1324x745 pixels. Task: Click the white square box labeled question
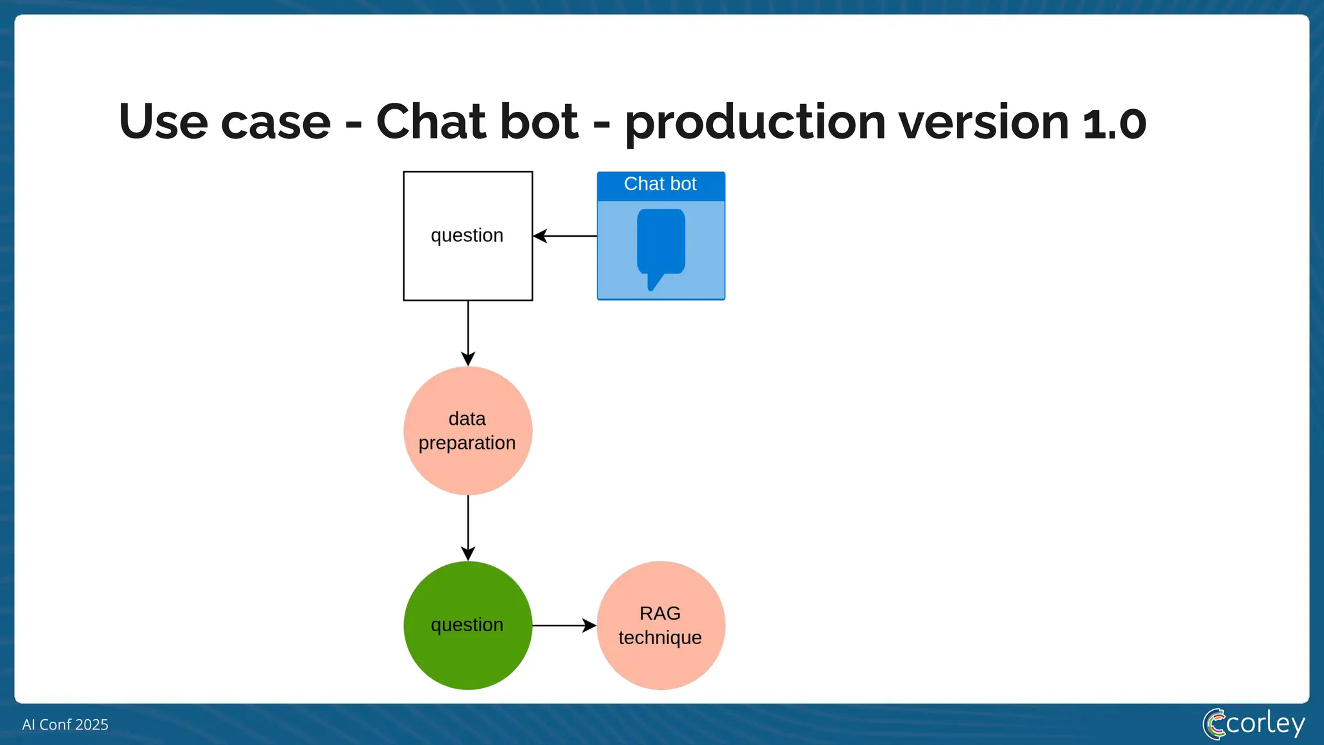(467, 236)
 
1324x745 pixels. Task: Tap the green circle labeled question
(467, 625)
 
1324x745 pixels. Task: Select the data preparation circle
(467, 431)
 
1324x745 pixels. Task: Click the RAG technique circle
(660, 625)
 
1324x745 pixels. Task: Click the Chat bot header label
(660, 184)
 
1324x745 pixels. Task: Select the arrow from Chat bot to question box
(565, 236)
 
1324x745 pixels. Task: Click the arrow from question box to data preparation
(468, 333)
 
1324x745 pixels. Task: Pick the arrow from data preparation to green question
(468, 528)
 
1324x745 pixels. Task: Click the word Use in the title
(162, 122)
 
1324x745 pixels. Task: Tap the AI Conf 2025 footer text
(65, 724)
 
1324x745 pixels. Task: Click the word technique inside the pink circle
(660, 638)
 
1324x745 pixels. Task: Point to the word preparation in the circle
(467, 444)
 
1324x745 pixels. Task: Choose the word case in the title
(275, 122)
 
